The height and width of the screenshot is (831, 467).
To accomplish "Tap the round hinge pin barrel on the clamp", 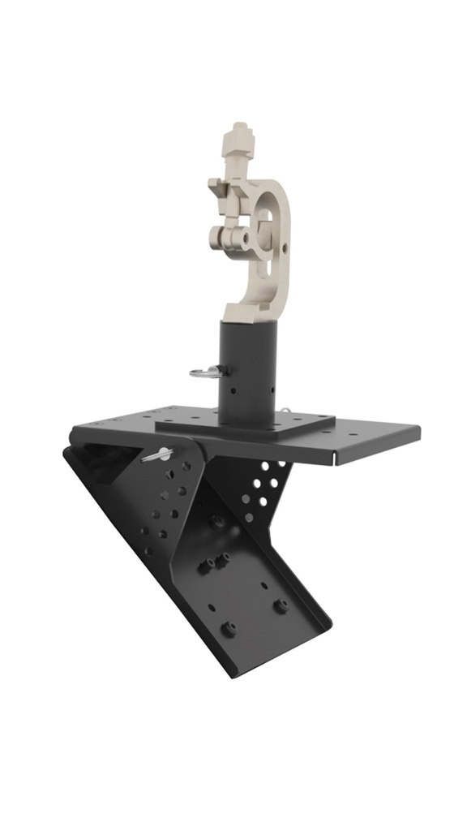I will pos(231,238).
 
